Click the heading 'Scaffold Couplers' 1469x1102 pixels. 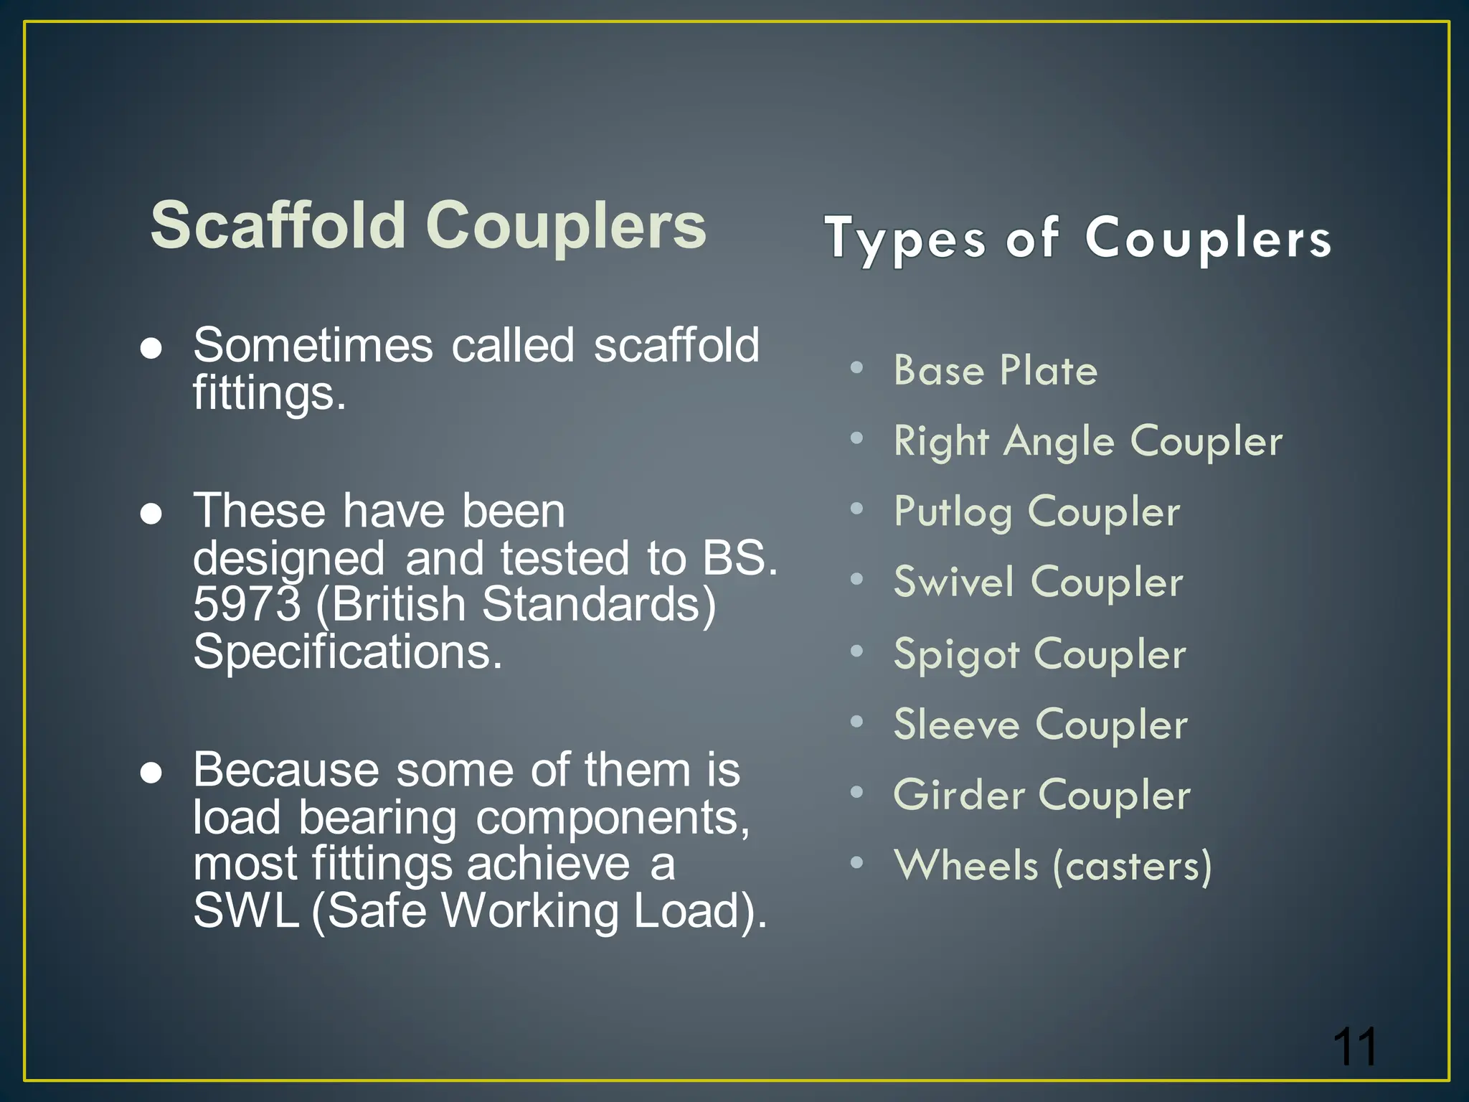pyautogui.click(x=428, y=225)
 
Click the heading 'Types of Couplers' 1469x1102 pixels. pyautogui.click(x=1078, y=237)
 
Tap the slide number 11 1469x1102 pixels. pyautogui.click(x=1355, y=1047)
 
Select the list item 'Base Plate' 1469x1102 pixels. pyautogui.click(x=996, y=370)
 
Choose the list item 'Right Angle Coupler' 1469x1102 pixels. pyautogui.click(x=1087, y=441)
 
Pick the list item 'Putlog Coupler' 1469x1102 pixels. pyautogui.click(x=1036, y=512)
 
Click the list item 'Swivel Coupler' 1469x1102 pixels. pyautogui.click(x=1038, y=582)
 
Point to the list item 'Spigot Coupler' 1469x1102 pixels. pyautogui.click(x=1039, y=654)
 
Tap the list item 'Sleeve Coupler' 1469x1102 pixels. pyautogui.click(x=1040, y=724)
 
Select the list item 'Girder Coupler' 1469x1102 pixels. pyautogui.click(x=1041, y=795)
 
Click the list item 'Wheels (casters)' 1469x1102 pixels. pyautogui.click(x=1052, y=865)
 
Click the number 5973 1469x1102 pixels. pyautogui.click(x=247, y=604)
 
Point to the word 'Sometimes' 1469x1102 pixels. pyautogui.click(x=313, y=345)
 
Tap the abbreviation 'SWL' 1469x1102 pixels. pyautogui.click(x=246, y=910)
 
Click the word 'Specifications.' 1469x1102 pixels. pyautogui.click(x=348, y=651)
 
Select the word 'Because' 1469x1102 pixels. pyautogui.click(x=285, y=770)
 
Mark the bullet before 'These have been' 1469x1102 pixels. pyautogui.click(x=151, y=514)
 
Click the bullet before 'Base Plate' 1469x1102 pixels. pyautogui.click(x=856, y=368)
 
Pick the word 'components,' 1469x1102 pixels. pyautogui.click(x=613, y=817)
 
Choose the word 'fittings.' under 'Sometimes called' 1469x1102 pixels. pyautogui.click(x=269, y=393)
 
